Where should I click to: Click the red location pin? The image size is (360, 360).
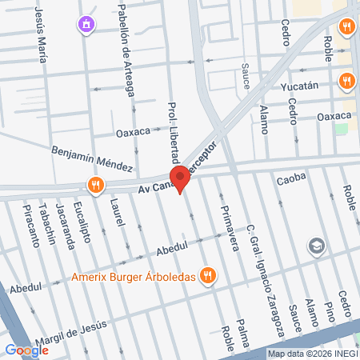tap(179, 178)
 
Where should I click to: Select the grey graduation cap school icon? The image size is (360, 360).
tap(318, 246)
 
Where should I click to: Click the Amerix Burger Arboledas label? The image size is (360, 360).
tap(134, 278)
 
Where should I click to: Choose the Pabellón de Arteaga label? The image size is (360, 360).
tap(126, 48)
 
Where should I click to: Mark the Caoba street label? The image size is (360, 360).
tap(292, 179)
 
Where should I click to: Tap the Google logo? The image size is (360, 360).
tap(26, 350)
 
